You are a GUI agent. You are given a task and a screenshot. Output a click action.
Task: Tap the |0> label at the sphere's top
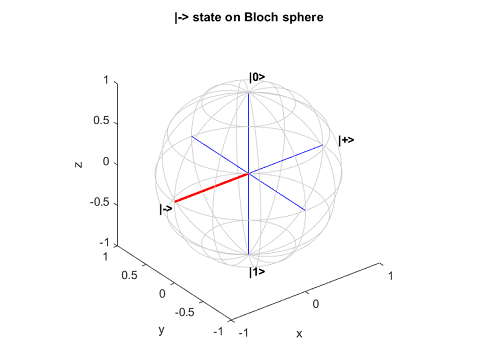[256, 77]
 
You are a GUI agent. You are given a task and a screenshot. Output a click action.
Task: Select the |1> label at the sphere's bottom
[256, 271]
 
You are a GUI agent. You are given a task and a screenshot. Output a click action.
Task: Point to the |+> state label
[346, 140]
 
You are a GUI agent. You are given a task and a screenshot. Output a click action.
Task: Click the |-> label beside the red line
[166, 208]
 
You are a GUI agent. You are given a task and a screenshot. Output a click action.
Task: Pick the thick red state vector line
[212, 188]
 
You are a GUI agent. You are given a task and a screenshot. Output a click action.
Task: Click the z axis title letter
[78, 162]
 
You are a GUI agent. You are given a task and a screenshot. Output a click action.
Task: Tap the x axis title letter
[297, 333]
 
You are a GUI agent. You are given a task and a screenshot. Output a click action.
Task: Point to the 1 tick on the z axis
[107, 80]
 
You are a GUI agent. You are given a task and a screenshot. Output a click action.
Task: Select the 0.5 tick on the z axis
[101, 121]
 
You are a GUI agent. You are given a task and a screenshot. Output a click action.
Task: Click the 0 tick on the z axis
[107, 162]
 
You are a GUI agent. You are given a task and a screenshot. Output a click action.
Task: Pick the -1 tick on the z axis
[104, 243]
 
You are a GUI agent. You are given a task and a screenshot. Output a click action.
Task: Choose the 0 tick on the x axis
[316, 302]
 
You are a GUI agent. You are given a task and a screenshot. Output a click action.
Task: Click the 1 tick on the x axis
[391, 274]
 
